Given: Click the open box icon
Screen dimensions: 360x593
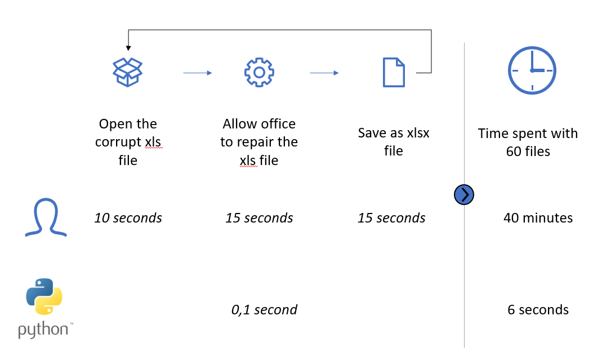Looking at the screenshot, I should pos(128,72).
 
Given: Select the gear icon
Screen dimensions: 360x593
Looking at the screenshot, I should pos(259,72).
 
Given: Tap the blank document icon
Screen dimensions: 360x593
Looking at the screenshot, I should pos(394,72).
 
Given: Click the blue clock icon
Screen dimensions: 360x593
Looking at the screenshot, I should pos(532,70).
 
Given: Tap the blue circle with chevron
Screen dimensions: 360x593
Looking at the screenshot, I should pos(464,195).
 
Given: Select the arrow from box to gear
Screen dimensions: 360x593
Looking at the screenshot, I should pos(197,73).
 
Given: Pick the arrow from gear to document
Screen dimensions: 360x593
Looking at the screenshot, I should pos(324,73).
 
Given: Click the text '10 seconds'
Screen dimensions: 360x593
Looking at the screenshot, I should pos(128,218).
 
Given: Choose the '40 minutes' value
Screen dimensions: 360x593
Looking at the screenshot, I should pos(538,218).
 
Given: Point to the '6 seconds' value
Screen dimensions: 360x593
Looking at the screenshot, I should pos(538,309).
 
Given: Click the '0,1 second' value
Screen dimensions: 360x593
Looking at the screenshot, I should pos(264,309).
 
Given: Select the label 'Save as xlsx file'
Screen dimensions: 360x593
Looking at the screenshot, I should pos(393,142).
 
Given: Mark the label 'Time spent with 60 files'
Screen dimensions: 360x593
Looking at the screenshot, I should pos(528,142).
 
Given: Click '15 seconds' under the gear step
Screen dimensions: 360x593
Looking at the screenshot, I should pos(259,218).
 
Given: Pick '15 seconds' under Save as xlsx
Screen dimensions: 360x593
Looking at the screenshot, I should pos(391,218).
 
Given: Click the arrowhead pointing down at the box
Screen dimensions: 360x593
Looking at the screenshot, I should pos(128,48).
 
